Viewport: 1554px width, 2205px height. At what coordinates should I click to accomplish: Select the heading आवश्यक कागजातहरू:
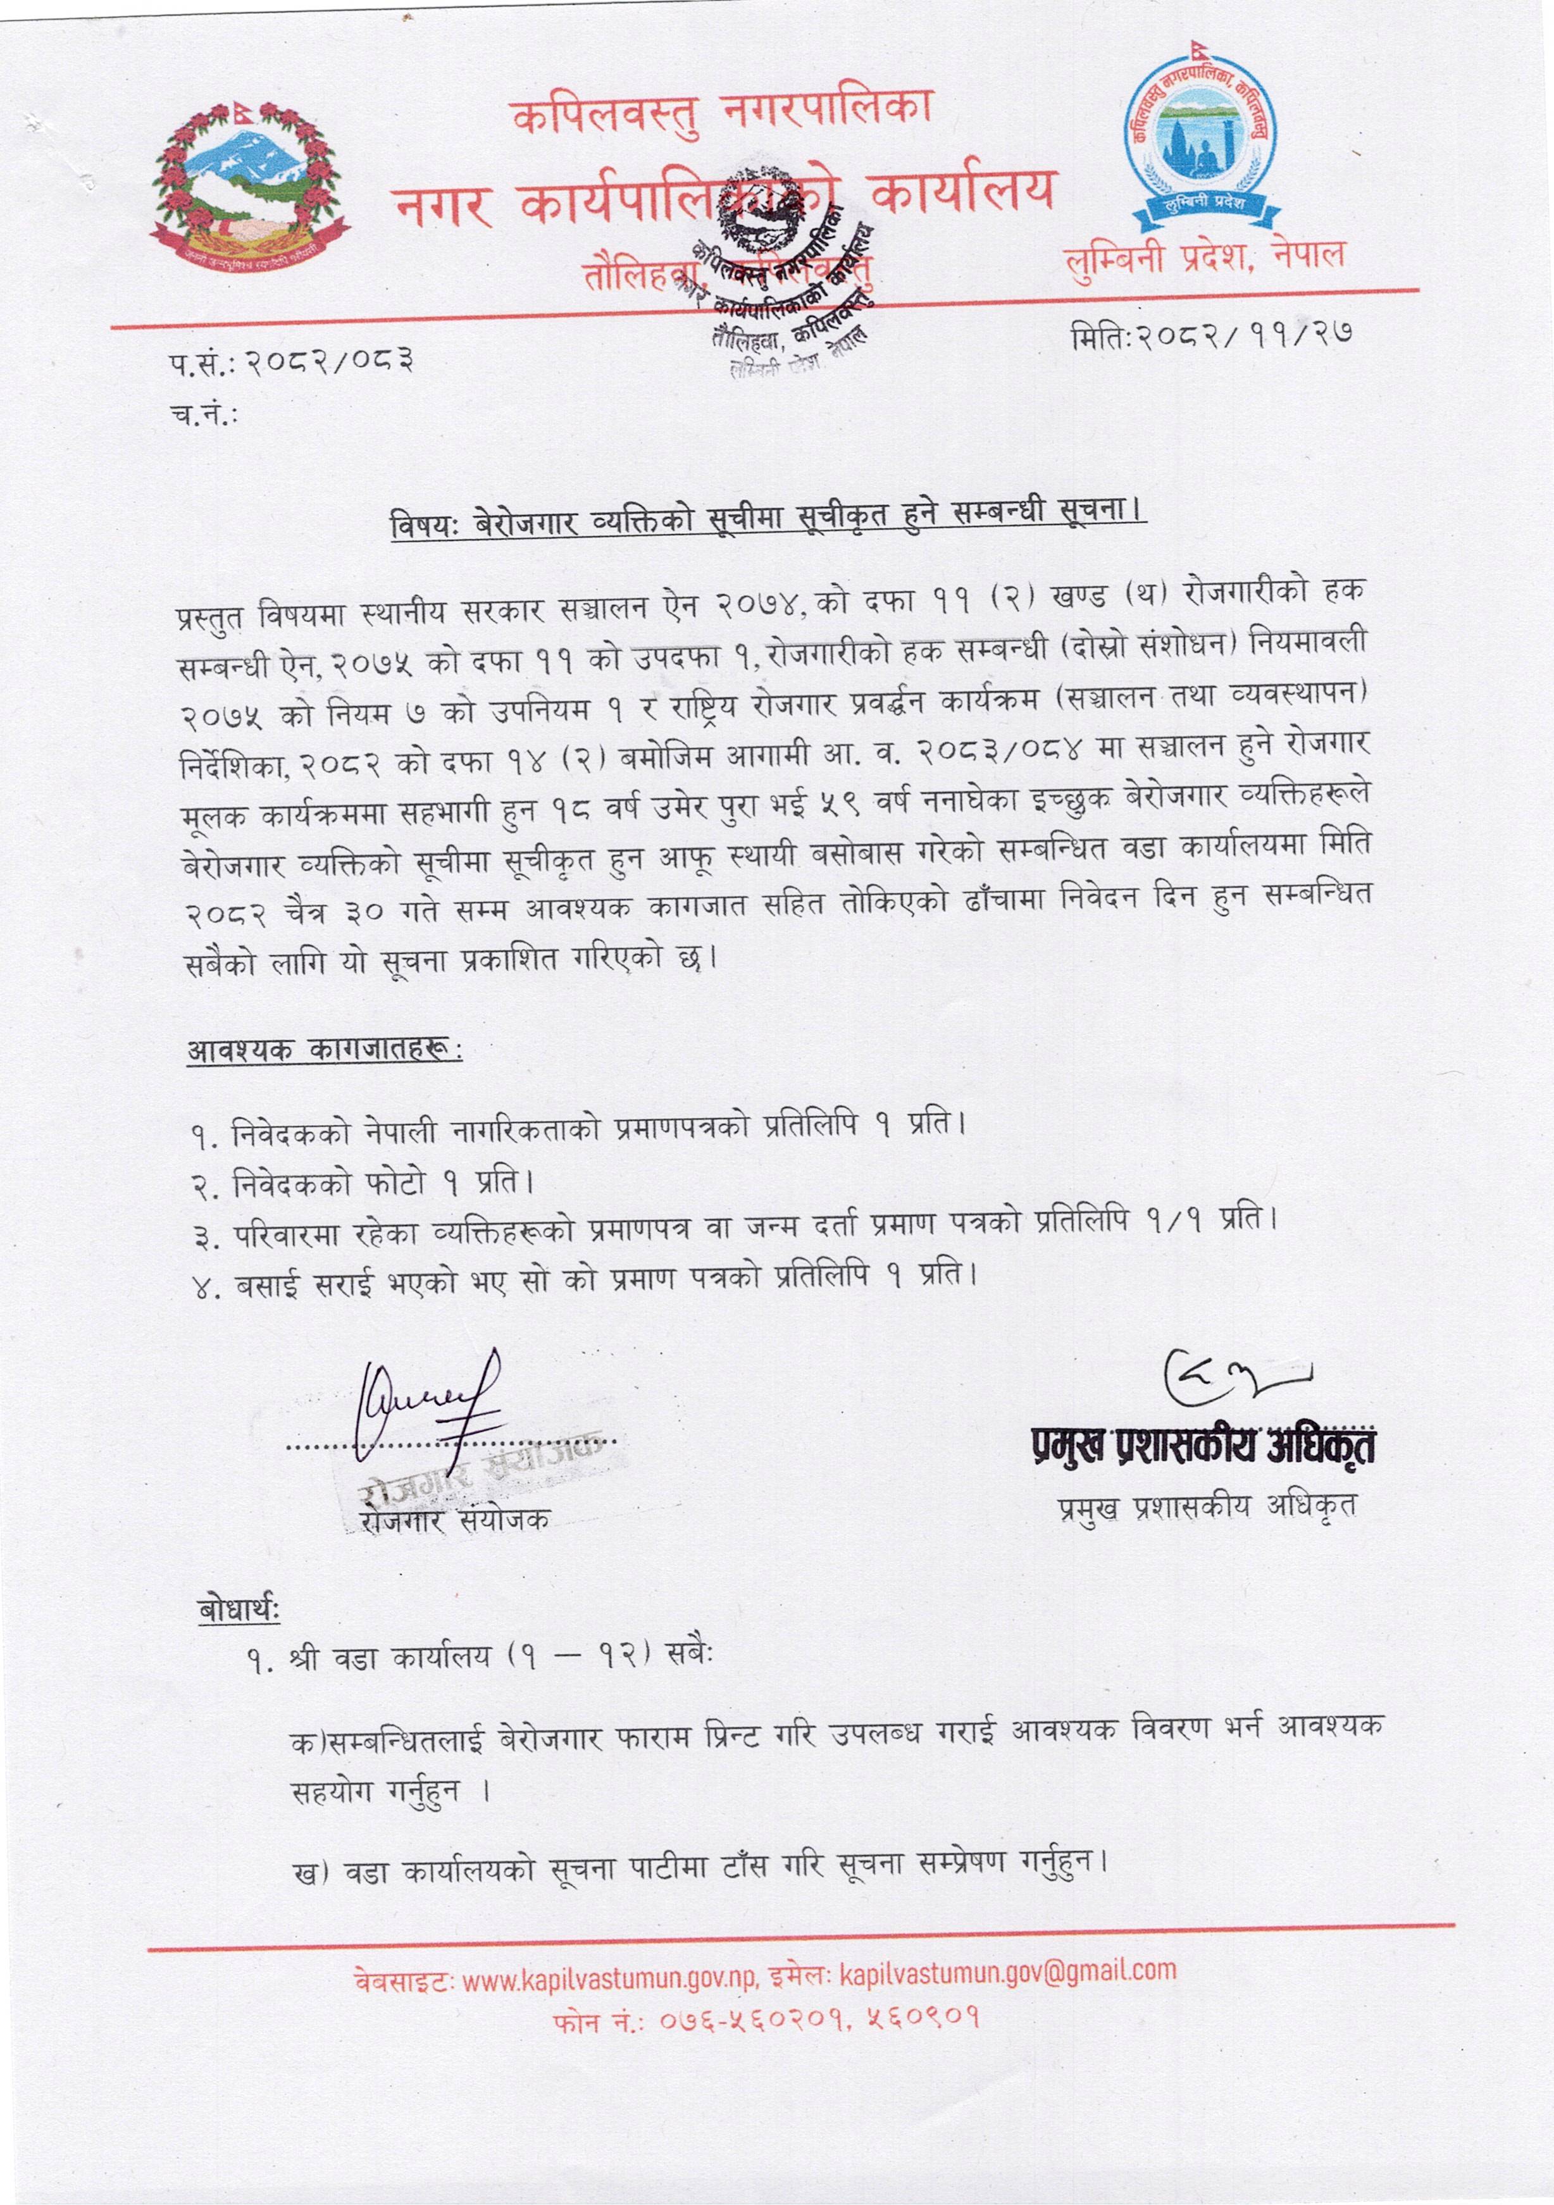324,1050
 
